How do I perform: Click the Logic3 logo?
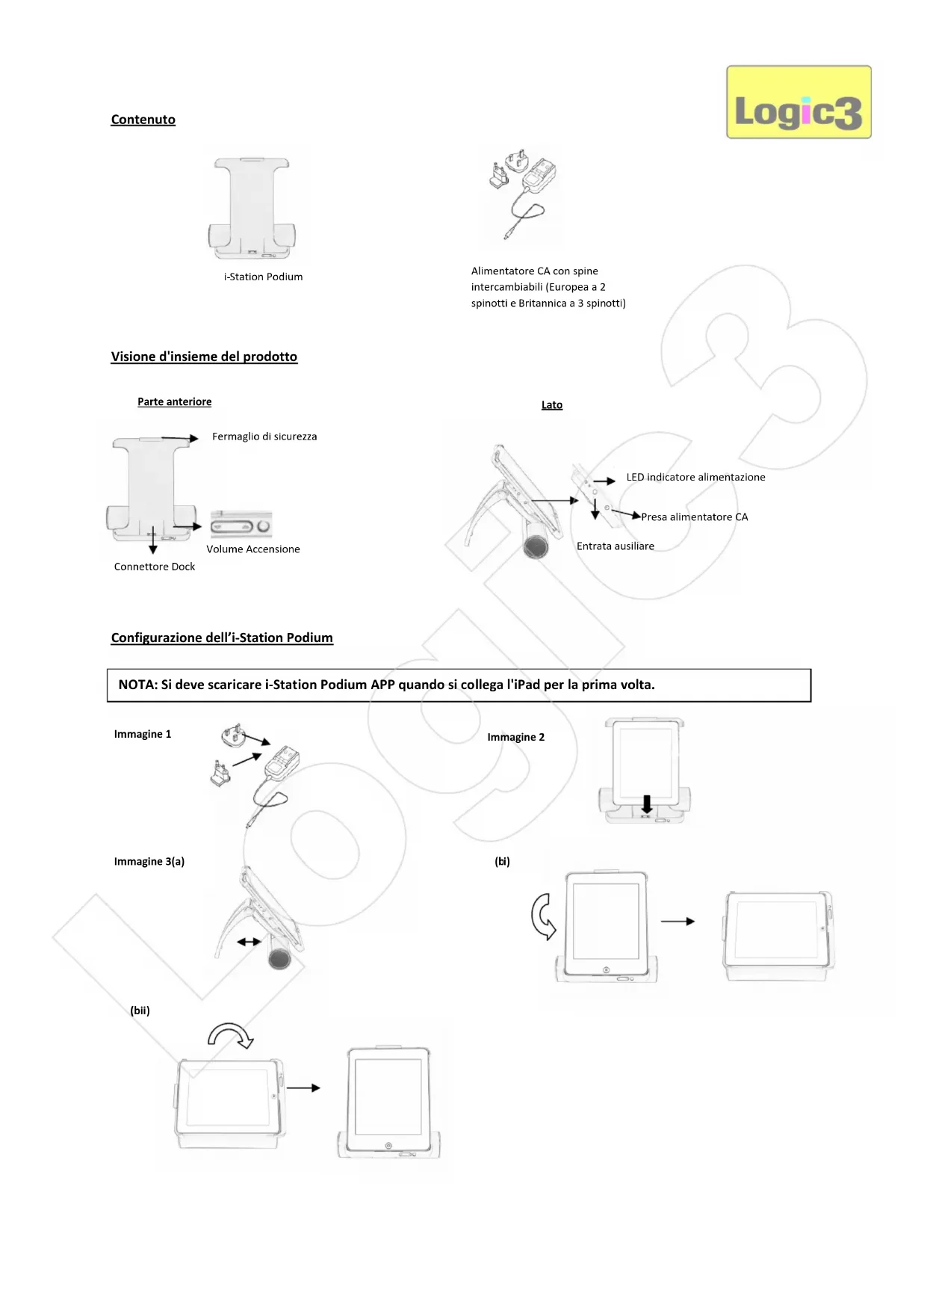click(x=799, y=102)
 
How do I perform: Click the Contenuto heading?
click(x=143, y=120)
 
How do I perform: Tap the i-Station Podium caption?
click(x=263, y=277)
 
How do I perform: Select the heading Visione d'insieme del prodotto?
click(x=204, y=357)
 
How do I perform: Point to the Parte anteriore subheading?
click(x=174, y=402)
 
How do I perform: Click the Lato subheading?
click(x=552, y=405)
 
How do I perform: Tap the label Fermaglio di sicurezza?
click(x=264, y=437)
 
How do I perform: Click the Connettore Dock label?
click(x=155, y=567)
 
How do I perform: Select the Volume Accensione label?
click(x=253, y=549)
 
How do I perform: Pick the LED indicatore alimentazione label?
click(x=695, y=477)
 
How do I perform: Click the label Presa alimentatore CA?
click(x=694, y=517)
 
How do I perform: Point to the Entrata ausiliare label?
click(x=616, y=546)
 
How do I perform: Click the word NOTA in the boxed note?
click(x=137, y=685)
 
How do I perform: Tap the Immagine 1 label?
click(x=143, y=734)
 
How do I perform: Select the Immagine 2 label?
click(x=516, y=737)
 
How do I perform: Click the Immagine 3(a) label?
click(x=149, y=862)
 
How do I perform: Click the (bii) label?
click(x=140, y=1011)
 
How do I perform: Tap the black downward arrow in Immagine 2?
click(x=647, y=804)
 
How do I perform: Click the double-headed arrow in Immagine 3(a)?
click(x=249, y=943)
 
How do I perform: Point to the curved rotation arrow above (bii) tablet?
click(x=231, y=1034)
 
